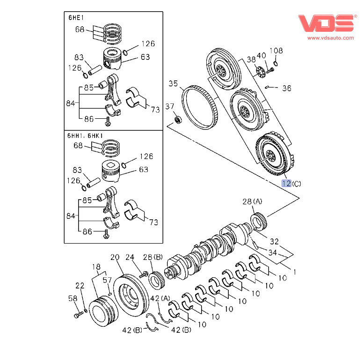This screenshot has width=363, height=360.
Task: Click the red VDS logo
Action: pos(327,22)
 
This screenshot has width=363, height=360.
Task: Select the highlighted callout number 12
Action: pos(286,183)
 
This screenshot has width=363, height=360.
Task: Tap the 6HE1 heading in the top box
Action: pos(76,18)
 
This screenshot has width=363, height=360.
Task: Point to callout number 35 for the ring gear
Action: pos(174,84)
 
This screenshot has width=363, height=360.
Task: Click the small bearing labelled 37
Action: pos(178,121)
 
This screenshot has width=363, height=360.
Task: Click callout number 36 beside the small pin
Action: pos(287,88)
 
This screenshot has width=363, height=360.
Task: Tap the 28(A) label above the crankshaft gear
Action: pos(253,202)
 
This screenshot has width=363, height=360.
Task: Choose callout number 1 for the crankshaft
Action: pos(295,271)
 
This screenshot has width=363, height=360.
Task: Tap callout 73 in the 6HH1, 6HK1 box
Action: pos(153,223)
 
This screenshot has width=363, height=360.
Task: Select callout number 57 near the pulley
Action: pos(107,280)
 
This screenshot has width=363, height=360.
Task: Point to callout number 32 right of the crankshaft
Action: pos(275,241)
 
